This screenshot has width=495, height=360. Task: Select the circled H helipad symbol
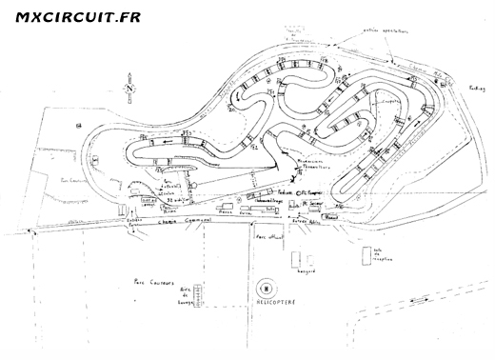266,287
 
